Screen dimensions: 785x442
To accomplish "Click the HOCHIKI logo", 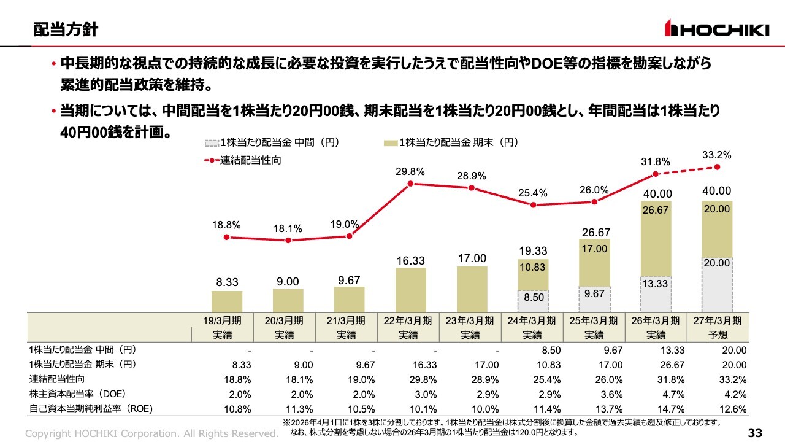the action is (x=717, y=28).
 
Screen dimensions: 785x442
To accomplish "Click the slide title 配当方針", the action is (x=66, y=29).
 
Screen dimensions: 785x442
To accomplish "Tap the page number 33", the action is (x=755, y=433).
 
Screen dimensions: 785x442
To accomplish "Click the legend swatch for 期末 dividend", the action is (x=391, y=143).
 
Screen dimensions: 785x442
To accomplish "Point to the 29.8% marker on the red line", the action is (x=410, y=184).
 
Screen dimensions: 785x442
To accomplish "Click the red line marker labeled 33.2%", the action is (x=717, y=167).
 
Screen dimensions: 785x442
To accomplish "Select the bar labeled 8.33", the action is (x=227, y=301).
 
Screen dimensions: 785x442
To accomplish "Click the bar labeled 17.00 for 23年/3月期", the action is (x=472, y=289).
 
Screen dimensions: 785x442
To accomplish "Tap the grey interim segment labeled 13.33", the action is (x=656, y=295).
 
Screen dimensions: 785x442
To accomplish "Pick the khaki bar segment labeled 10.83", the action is (x=533, y=275).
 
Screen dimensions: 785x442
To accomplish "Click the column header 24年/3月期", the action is (x=532, y=320).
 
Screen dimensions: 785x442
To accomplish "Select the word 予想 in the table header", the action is (x=718, y=335).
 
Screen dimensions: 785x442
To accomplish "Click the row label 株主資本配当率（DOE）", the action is (x=77, y=394).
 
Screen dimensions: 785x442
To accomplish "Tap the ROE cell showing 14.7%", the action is (x=672, y=409).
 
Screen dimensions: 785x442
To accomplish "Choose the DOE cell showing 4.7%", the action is (x=673, y=394).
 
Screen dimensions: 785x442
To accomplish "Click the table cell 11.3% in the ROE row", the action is (x=301, y=409).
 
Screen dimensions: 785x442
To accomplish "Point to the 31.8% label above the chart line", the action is (x=656, y=161).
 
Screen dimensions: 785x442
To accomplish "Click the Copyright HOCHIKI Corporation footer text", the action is (x=151, y=433).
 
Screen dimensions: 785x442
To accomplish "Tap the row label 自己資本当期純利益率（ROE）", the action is (x=91, y=409).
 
